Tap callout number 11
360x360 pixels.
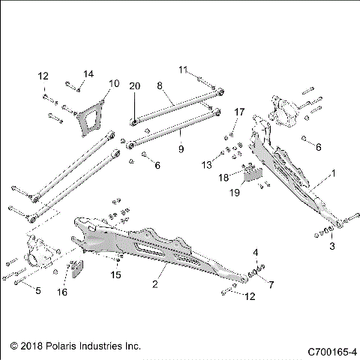click(182, 70)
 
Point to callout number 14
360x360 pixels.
click(88, 73)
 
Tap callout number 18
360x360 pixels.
click(223, 178)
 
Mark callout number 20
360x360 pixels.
click(134, 86)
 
